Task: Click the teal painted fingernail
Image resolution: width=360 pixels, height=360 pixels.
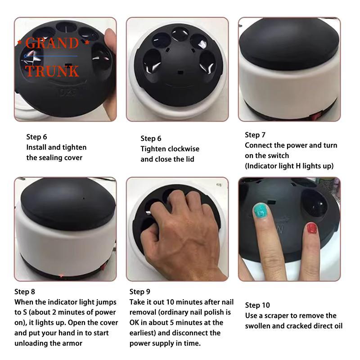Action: (x=261, y=210)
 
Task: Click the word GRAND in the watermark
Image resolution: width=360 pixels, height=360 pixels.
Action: (x=52, y=43)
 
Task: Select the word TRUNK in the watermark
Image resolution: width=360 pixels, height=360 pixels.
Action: (x=52, y=71)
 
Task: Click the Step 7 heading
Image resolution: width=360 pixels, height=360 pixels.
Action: (x=255, y=135)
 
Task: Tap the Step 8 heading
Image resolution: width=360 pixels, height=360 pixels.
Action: (x=25, y=292)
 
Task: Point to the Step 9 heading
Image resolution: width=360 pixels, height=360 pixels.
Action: (x=139, y=292)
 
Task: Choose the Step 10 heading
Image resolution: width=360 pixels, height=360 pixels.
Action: (x=257, y=305)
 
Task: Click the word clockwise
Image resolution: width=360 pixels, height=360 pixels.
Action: (x=183, y=149)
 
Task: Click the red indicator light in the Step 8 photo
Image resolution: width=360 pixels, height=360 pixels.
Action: (x=61, y=275)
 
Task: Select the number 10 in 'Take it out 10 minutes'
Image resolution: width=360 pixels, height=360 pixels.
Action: (x=170, y=302)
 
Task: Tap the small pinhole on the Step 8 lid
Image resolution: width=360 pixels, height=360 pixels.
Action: (x=84, y=198)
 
